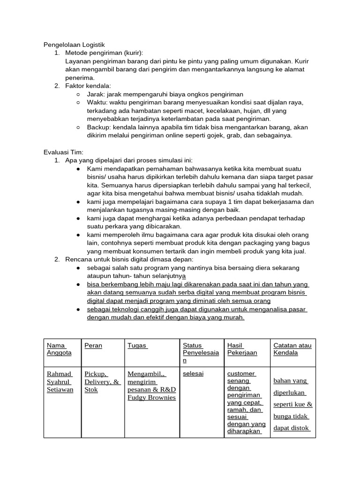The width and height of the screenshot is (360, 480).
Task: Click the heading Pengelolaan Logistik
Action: click(74, 45)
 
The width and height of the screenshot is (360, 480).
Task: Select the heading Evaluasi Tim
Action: click(63, 152)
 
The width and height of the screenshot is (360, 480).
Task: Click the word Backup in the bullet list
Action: click(97, 127)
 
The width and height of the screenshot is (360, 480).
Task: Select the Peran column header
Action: click(93, 345)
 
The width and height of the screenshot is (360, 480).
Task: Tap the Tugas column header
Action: click(137, 345)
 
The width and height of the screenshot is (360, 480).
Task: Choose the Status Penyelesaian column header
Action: click(201, 353)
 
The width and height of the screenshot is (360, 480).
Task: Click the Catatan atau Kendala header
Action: click(292, 349)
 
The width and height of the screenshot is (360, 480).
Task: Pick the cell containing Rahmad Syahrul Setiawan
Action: click(60, 382)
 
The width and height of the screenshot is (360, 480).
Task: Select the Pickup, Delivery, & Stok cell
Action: click(102, 382)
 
